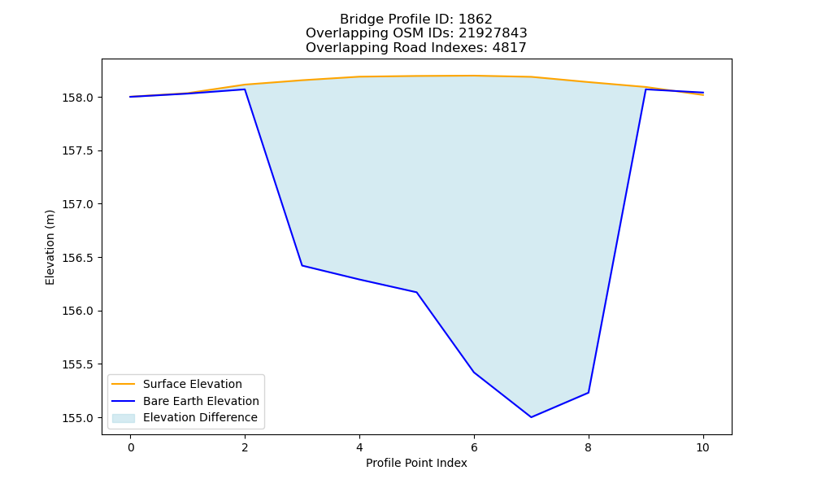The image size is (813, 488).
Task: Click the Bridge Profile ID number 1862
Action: click(x=476, y=20)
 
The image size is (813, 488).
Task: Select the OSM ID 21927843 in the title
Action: click(x=493, y=33)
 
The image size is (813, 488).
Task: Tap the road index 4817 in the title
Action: click(x=509, y=48)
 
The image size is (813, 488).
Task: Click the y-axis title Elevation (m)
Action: click(x=50, y=247)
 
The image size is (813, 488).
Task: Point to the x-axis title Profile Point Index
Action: click(x=416, y=463)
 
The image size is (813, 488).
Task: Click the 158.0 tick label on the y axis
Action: click(x=78, y=98)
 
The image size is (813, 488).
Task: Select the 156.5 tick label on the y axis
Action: click(x=78, y=258)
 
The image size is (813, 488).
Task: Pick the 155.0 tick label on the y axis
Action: click(x=78, y=418)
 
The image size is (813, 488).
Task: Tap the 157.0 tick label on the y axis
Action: click(x=78, y=204)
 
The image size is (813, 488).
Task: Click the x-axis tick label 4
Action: click(x=359, y=447)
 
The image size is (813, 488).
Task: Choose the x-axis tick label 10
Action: click(x=702, y=447)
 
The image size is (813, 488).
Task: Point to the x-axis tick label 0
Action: click(x=131, y=447)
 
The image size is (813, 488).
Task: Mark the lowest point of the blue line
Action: click(x=531, y=417)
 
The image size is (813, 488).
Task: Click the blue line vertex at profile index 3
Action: click(x=302, y=265)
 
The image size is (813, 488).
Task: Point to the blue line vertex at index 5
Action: click(x=416, y=292)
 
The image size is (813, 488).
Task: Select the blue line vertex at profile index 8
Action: click(x=589, y=393)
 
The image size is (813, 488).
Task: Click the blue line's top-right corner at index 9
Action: click(x=646, y=89)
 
